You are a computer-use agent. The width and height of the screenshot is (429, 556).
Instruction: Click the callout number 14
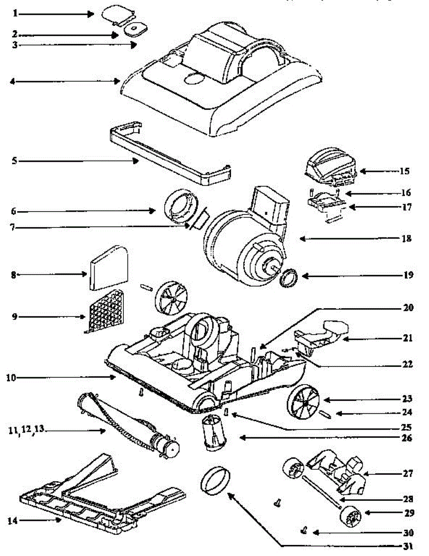(x=13, y=520)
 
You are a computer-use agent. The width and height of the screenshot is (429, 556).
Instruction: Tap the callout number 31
(x=408, y=546)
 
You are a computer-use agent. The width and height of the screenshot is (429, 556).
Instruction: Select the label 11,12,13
(x=26, y=430)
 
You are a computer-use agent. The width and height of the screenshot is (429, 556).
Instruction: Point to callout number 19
(x=408, y=275)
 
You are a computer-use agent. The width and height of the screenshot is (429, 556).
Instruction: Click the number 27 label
(x=408, y=474)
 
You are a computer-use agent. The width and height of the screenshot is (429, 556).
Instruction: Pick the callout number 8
(x=13, y=275)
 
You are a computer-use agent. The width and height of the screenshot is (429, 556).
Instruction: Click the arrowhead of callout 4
(x=118, y=82)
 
